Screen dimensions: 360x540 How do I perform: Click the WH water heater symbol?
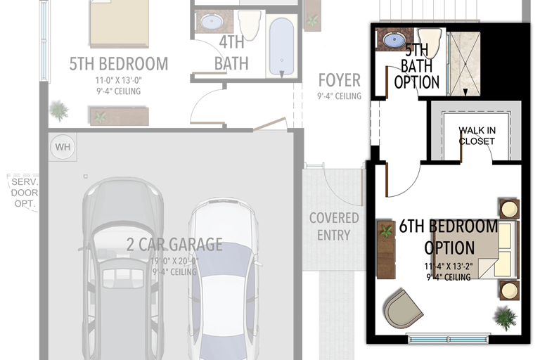pyautogui.click(x=63, y=148)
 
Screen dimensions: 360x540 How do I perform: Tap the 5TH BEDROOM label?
pyautogui.click(x=118, y=64)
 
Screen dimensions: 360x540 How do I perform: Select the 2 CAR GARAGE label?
pyautogui.click(x=174, y=245)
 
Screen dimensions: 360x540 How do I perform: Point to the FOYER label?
pyautogui.click(x=339, y=79)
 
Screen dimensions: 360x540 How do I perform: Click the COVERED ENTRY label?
pyautogui.click(x=334, y=226)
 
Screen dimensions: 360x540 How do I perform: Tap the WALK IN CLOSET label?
pyautogui.click(x=477, y=136)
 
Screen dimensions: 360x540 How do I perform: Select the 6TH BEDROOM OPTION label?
pyautogui.click(x=449, y=237)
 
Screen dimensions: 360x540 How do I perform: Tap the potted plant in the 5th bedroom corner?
pyautogui.click(x=59, y=110)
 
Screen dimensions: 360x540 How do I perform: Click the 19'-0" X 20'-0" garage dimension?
pyautogui.click(x=174, y=261)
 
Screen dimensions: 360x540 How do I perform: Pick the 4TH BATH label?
pyautogui.click(x=231, y=53)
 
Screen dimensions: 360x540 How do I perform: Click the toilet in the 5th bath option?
pyautogui.click(x=428, y=40)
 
